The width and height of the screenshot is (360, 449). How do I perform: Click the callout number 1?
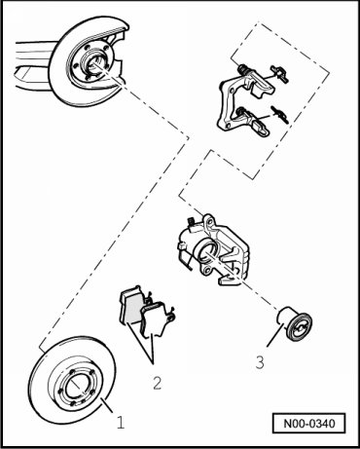click(x=121, y=423)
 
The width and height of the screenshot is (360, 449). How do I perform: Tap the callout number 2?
click(x=157, y=383)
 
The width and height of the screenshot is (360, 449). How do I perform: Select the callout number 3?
click(x=260, y=362)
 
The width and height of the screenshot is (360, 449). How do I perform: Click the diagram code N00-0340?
click(x=309, y=424)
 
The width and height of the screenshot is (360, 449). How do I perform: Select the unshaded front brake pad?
click(x=157, y=318)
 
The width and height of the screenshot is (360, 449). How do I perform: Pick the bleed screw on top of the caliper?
click(x=192, y=222)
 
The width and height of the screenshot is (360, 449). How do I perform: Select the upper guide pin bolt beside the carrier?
click(x=279, y=74)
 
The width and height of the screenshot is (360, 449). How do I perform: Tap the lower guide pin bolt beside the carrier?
click(x=280, y=115)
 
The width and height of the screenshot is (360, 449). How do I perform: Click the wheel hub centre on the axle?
click(x=94, y=63)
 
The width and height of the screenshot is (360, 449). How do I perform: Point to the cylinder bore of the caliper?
click(x=206, y=252)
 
